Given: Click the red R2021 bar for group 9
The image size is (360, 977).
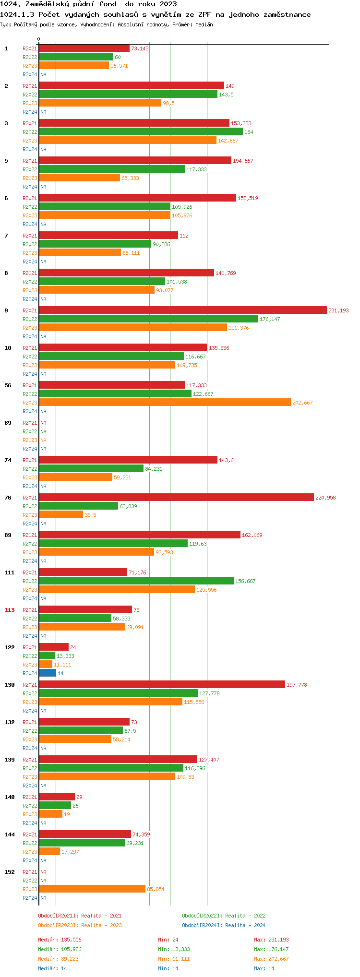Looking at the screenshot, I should coord(182,310).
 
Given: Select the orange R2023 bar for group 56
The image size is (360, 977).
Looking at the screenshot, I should coord(165,403).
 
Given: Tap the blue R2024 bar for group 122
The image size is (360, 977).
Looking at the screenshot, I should coord(48,673).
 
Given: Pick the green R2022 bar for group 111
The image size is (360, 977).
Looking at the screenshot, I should coord(136,581).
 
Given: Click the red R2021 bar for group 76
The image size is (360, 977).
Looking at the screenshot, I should coord(176,498).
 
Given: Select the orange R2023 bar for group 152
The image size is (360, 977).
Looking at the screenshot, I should coord(92,889).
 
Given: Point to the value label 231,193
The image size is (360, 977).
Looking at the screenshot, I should coord(338,310).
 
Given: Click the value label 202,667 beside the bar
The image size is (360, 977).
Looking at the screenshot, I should coord(302,403).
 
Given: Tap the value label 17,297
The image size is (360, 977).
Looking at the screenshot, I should coord(70,852).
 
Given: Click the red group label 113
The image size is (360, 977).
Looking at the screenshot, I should coord(10,610).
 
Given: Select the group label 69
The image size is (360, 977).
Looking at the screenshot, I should coord(8,423).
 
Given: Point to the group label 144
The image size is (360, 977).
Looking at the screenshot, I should coord(10,834).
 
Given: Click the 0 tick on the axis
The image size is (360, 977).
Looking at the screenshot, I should coord(39,39).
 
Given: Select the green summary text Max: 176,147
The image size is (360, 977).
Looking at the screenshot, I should coord(271,949).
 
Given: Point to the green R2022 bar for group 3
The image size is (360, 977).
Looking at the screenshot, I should coord(141,132).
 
